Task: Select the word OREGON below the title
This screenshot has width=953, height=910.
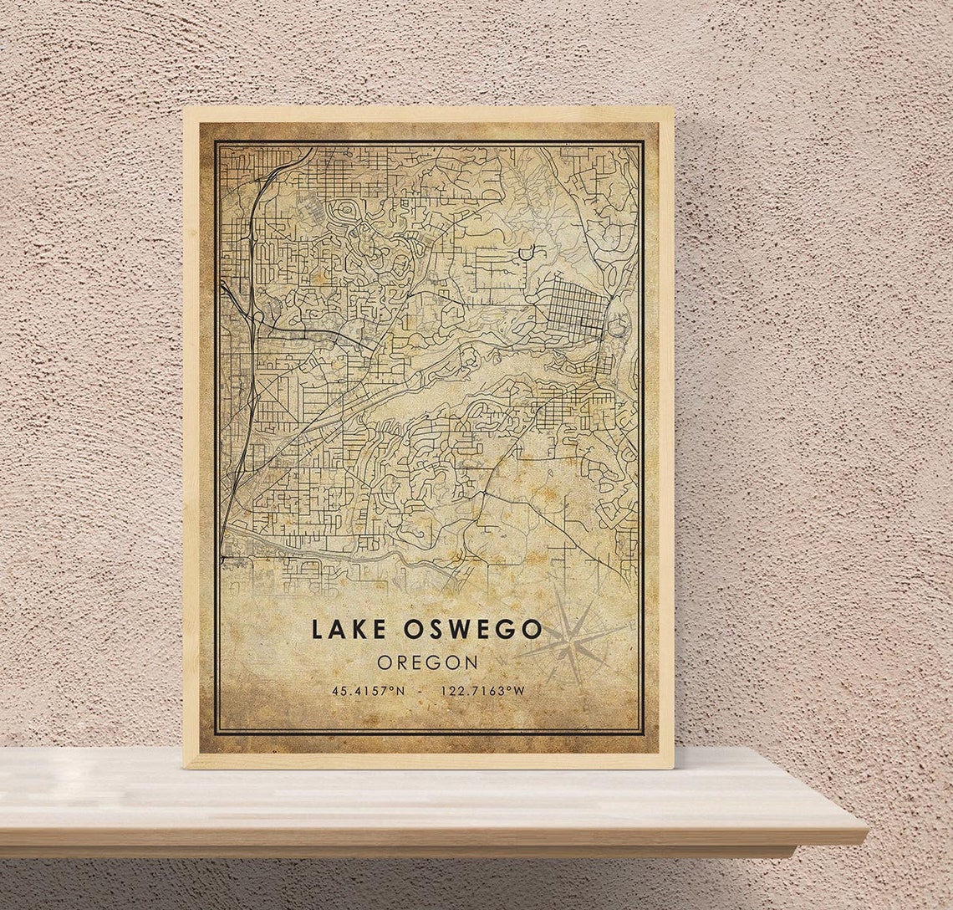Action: [x=427, y=662]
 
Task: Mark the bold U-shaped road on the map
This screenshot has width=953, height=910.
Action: [x=527, y=251]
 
